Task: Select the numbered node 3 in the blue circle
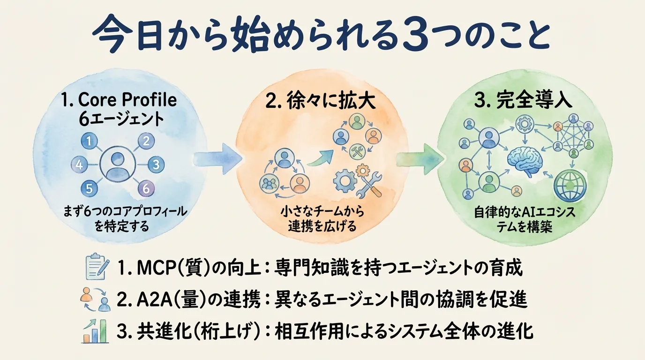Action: coord(156,165)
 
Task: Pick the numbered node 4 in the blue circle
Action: coord(79,165)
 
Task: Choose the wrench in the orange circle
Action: coord(371,184)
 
